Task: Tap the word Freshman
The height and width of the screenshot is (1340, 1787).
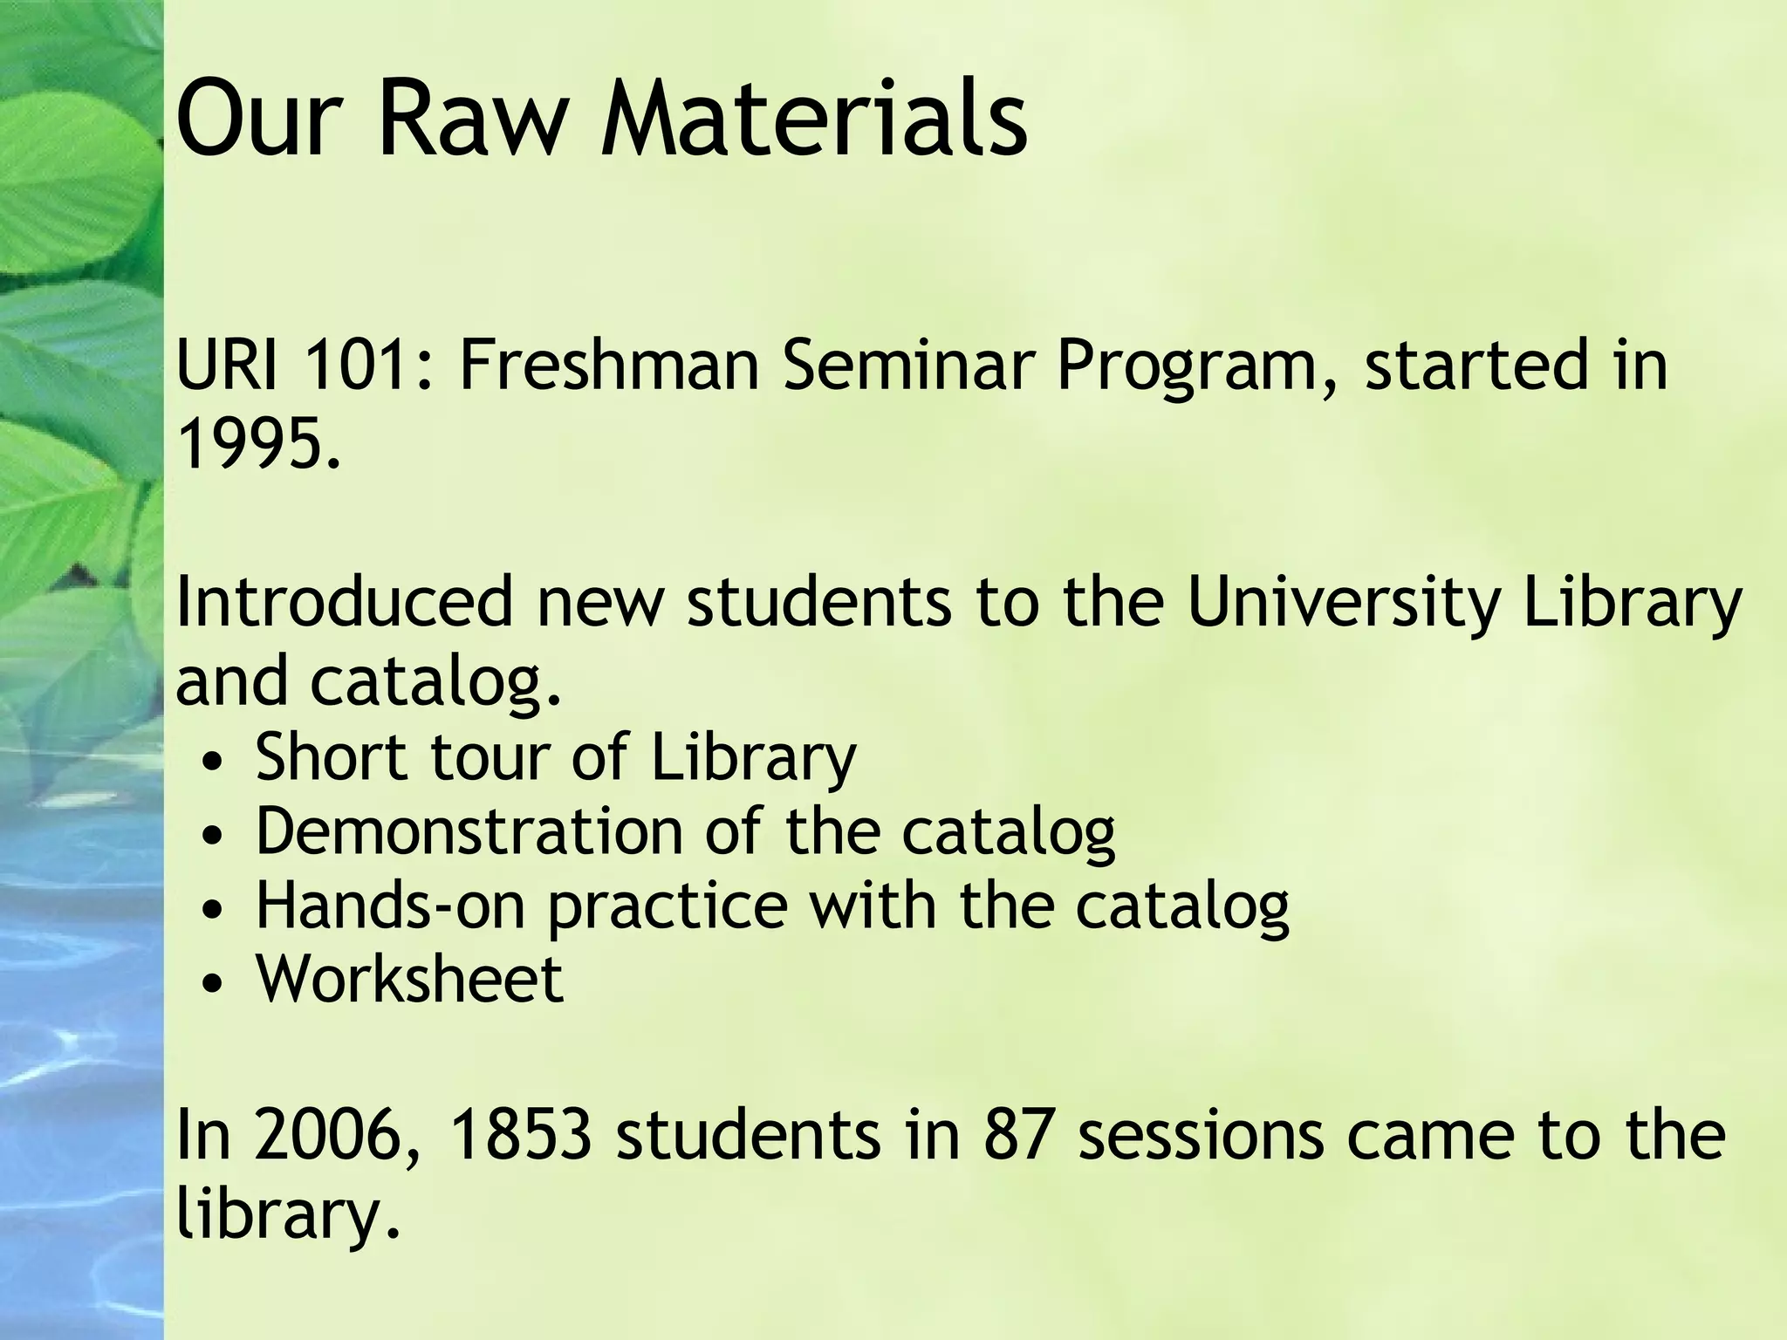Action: [609, 365]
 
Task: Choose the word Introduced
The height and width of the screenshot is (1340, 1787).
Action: [344, 602]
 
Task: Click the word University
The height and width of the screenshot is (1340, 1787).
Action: [1344, 602]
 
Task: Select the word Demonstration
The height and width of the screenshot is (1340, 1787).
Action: [469, 831]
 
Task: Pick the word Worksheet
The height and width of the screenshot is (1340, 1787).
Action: [409, 979]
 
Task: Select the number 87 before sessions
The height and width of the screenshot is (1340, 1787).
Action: [1015, 1135]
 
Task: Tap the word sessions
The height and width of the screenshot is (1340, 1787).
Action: [1201, 1135]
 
